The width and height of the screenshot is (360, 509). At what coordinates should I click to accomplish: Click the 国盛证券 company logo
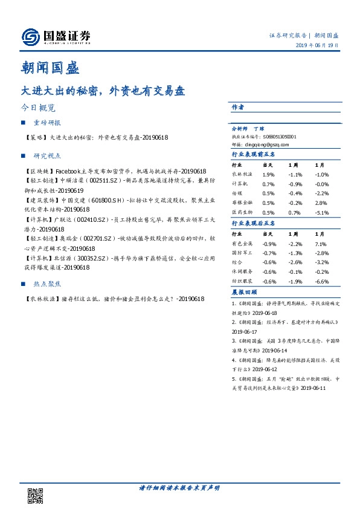(56, 37)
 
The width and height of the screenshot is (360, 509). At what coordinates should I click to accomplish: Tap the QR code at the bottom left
(35, 494)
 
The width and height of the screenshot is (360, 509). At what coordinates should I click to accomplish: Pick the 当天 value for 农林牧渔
(269, 174)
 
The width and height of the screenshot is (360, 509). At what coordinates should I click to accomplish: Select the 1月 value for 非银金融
(321, 203)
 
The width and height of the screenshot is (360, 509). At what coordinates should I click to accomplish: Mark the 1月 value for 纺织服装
(322, 281)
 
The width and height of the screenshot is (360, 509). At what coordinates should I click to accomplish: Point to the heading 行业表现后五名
(254, 223)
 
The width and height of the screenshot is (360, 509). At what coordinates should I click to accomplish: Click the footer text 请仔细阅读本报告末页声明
(179, 487)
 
